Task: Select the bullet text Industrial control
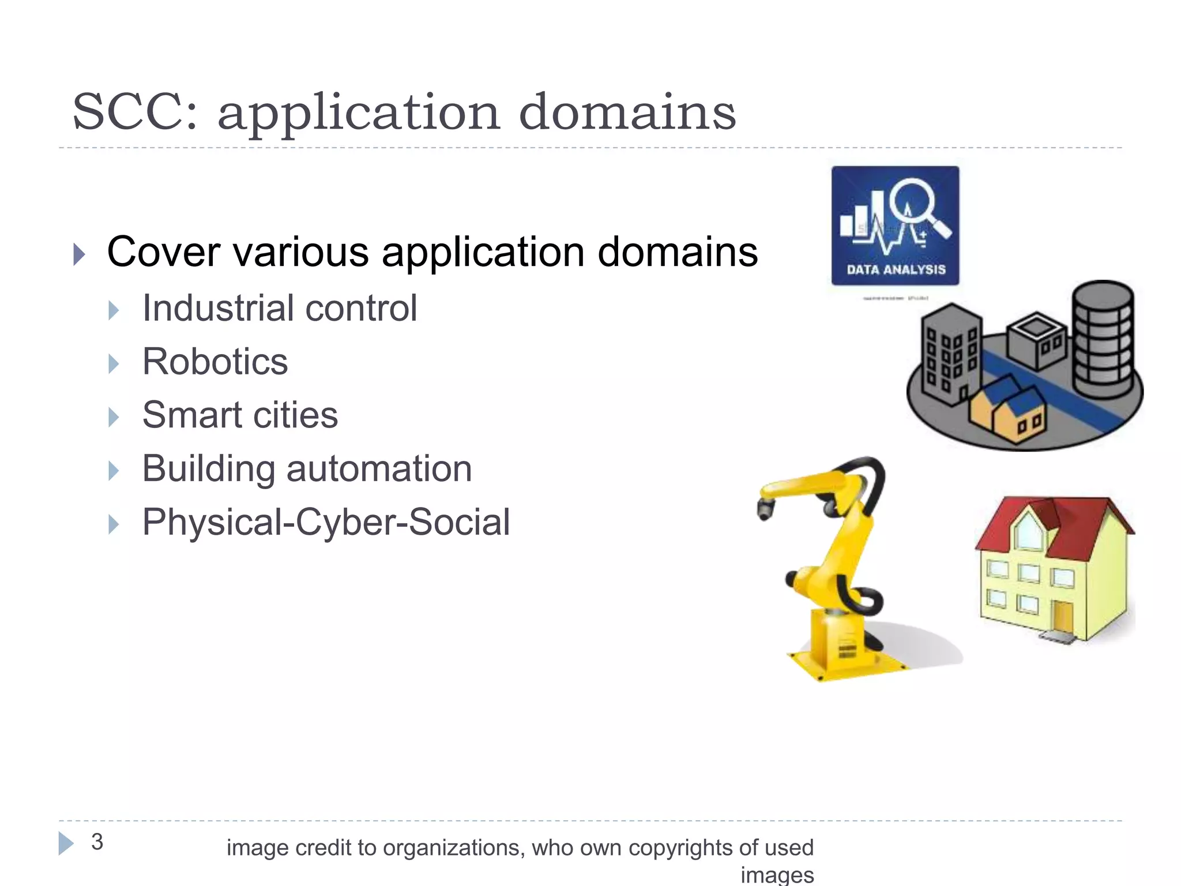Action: (280, 308)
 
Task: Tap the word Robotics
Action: (215, 362)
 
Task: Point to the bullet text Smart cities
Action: (240, 415)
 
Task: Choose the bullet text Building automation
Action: (307, 468)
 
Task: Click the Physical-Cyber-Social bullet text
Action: (326, 522)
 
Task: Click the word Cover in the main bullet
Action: (163, 252)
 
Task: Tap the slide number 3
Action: (97, 842)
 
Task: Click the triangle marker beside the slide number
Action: (66, 843)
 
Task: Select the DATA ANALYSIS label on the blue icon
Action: (896, 269)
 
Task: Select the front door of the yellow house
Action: (1062, 617)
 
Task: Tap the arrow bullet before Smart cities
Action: (114, 416)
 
